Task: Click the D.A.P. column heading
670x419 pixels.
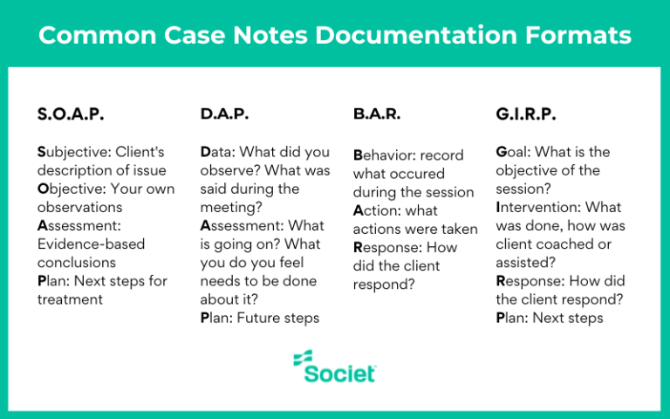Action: (x=224, y=114)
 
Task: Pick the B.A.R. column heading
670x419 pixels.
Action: (x=378, y=114)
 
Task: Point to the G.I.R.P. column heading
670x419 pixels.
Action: (x=526, y=114)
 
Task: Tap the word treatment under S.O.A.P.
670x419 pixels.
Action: (x=71, y=299)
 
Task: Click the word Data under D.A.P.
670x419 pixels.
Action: (x=219, y=152)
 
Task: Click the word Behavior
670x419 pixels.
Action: (x=384, y=155)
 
